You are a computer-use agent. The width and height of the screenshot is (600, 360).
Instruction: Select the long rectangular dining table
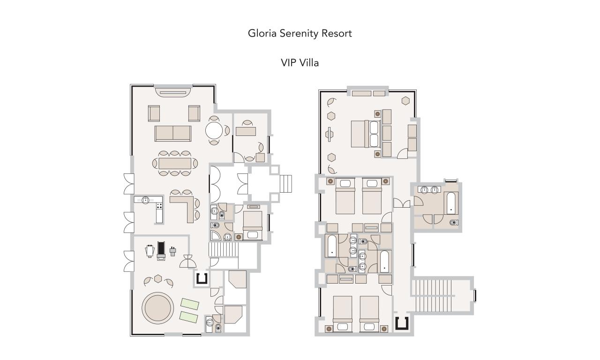coord(175,164)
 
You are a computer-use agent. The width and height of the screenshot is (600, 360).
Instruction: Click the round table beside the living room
coord(214,131)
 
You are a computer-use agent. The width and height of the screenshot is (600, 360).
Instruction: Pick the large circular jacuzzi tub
coord(158,308)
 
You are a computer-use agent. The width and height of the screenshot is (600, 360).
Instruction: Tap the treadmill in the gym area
coord(161,251)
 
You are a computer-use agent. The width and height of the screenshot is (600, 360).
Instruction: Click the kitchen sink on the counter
coord(145,200)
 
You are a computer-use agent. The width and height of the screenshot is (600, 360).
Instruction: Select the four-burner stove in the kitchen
coord(159,206)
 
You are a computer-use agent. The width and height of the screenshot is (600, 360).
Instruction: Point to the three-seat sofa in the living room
coord(173,134)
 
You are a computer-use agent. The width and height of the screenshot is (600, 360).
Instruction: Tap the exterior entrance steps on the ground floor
coord(286,183)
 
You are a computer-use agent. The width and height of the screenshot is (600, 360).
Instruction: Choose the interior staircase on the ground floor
coord(224,250)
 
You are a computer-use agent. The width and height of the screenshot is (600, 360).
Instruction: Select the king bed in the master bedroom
coord(365,134)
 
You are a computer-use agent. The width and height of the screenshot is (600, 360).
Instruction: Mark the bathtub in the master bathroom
coord(451,203)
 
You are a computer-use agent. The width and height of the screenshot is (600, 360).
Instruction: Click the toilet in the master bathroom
coord(453,222)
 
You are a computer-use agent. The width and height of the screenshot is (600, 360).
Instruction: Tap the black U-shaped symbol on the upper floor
coord(402,323)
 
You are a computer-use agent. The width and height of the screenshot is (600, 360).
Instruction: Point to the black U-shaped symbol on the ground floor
coord(202,278)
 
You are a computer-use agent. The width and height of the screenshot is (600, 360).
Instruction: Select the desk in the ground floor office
coord(246,132)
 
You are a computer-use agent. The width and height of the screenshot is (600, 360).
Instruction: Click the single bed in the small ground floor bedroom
coord(252,225)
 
